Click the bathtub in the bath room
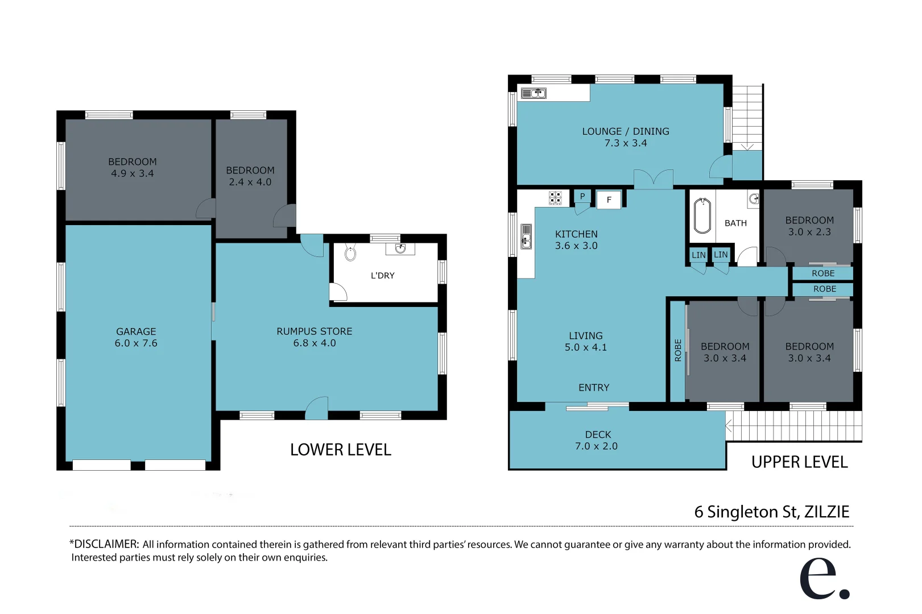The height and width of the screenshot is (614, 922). (x=702, y=216)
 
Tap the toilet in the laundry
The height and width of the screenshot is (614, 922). (x=350, y=253)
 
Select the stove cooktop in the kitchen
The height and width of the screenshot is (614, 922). (x=555, y=198)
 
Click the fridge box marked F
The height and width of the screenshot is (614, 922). (x=609, y=200)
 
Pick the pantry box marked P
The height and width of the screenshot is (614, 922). (x=582, y=196)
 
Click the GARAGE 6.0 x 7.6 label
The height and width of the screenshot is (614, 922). (x=136, y=337)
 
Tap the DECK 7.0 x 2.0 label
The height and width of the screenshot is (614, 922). (x=597, y=441)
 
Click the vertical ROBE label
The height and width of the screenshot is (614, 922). (x=677, y=350)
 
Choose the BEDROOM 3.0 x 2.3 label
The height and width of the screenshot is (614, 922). (x=809, y=226)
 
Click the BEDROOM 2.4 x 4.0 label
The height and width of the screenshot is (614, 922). (x=250, y=176)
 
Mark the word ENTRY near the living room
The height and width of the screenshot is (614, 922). (x=593, y=388)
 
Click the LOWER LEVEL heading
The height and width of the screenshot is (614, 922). (x=340, y=450)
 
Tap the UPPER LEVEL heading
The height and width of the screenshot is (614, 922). (x=799, y=462)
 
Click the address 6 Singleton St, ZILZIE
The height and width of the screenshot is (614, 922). (x=771, y=512)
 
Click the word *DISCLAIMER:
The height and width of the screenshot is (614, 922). (x=104, y=544)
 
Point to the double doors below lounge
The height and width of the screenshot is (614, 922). (x=654, y=179)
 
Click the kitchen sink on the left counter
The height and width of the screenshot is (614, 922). (x=526, y=237)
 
